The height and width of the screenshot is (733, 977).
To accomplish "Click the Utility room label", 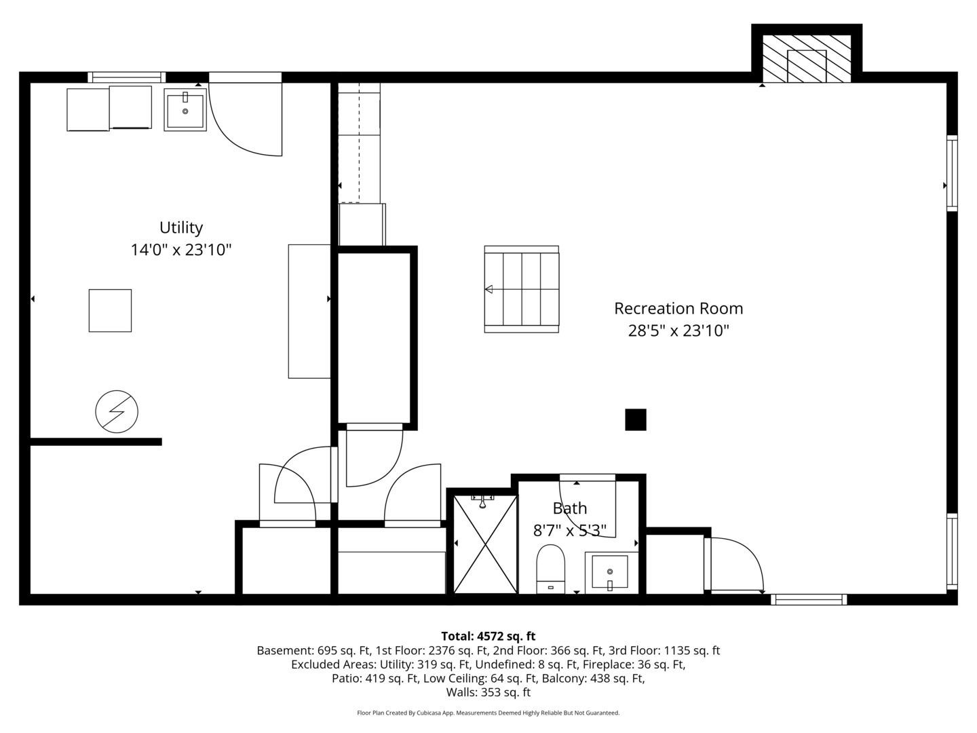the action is (181, 227).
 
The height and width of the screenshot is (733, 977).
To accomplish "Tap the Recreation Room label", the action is (678, 308).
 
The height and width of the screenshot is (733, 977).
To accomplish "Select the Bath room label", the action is (570, 508).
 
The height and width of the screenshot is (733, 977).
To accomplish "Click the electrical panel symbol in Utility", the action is (117, 412).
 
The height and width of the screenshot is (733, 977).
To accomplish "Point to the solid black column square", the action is (636, 419).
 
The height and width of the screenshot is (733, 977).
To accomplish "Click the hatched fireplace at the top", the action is (807, 59).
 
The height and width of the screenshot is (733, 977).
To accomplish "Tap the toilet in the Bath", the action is (551, 569).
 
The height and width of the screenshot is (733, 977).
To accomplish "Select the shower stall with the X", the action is (485, 544).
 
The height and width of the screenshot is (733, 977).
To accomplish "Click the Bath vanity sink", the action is (610, 572).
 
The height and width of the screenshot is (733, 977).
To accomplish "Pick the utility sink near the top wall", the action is (185, 109).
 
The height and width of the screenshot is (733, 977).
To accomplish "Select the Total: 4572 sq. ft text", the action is (488, 636).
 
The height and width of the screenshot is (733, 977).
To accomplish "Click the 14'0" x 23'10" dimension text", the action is (181, 250).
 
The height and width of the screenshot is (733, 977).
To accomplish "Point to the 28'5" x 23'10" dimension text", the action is (678, 331).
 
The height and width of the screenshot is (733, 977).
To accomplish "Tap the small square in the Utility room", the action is (110, 311).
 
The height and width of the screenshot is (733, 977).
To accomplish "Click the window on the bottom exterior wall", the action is (809, 599).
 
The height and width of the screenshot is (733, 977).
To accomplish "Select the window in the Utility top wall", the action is (126, 77).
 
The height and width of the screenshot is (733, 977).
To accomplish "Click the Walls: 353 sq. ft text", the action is (488, 692).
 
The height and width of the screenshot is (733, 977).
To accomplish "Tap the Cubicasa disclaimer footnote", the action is (488, 713).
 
